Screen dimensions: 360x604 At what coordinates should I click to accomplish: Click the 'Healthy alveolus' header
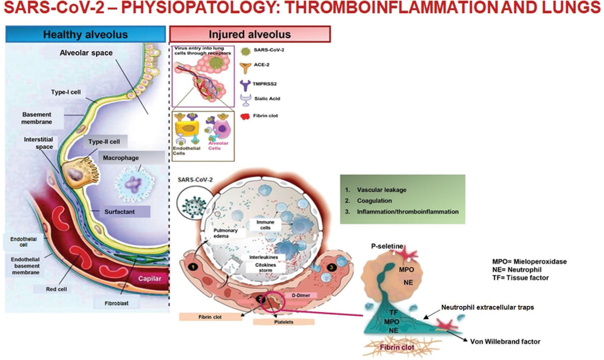pyautogui.click(x=85, y=35)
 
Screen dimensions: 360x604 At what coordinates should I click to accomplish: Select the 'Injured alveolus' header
pyautogui.click(x=250, y=35)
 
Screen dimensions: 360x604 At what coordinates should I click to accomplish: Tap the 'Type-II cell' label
pyautogui.click(x=104, y=142)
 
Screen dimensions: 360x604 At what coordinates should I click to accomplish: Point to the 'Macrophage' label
pyautogui.click(x=121, y=158)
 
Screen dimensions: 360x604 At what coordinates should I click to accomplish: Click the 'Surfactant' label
pyautogui.click(x=119, y=212)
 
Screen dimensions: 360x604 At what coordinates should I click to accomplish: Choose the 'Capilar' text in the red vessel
pyautogui.click(x=150, y=279)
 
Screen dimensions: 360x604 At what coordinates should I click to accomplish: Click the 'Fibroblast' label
pyautogui.click(x=117, y=303)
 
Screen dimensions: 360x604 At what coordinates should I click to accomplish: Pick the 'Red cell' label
pyautogui.click(x=56, y=289)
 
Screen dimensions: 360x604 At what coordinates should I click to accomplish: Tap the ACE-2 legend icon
pyautogui.click(x=246, y=67)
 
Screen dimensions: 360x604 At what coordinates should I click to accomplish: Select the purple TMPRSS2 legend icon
pyautogui.click(x=245, y=85)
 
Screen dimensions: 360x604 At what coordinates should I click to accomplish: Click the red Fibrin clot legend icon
pyautogui.click(x=245, y=117)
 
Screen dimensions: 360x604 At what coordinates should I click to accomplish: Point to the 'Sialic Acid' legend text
pyautogui.click(x=267, y=98)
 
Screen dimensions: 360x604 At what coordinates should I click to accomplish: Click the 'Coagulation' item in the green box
pyautogui.click(x=374, y=201)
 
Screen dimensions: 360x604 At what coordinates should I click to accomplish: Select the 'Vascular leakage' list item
pyautogui.click(x=381, y=190)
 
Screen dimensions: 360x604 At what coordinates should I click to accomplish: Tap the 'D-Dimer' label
pyautogui.click(x=301, y=295)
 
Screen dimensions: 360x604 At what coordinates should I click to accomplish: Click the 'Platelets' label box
pyautogui.click(x=283, y=322)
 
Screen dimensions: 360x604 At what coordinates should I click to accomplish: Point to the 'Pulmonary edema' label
pyautogui.click(x=225, y=233)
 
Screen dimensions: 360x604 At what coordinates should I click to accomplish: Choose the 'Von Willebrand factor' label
pyautogui.click(x=505, y=341)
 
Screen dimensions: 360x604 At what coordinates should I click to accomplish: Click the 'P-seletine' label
pyautogui.click(x=387, y=246)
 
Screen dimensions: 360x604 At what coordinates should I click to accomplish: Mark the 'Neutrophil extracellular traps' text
pyautogui.click(x=487, y=307)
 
